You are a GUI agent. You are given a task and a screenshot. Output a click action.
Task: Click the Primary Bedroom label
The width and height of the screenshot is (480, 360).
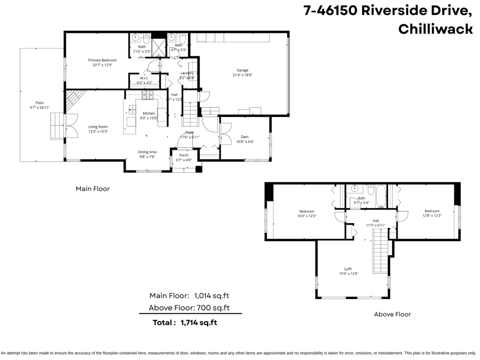point(102,60)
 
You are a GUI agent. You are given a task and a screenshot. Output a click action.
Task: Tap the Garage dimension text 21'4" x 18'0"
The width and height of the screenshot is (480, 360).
point(242,75)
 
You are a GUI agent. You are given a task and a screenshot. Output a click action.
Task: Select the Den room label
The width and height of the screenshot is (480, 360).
point(245,136)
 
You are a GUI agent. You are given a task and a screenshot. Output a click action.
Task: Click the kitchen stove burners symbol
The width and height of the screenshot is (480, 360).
point(148,95)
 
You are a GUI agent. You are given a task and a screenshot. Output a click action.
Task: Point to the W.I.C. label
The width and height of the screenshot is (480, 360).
point(144,78)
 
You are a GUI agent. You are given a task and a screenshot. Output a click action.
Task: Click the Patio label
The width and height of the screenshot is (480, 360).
point(39,102)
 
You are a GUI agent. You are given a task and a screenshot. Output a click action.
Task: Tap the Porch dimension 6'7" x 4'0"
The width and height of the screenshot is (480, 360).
point(184,160)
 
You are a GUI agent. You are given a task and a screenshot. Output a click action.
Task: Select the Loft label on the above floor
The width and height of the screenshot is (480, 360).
point(348,269)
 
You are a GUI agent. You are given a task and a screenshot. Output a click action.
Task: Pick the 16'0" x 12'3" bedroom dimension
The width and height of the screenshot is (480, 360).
point(307,216)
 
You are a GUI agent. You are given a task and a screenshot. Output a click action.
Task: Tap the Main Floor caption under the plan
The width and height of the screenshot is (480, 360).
point(93,188)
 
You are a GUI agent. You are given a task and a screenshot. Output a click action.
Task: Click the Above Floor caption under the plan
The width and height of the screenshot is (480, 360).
point(392,314)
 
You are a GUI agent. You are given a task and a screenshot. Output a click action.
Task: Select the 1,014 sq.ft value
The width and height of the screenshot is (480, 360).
point(212,296)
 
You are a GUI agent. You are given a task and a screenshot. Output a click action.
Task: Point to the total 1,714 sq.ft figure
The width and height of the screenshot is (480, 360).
point(199,322)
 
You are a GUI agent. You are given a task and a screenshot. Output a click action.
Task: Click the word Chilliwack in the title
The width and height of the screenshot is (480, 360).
point(436,29)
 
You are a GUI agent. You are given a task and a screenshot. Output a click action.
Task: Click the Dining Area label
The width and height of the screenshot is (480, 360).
point(147,152)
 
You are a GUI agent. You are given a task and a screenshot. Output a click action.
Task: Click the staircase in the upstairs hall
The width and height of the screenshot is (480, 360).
point(380,252)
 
